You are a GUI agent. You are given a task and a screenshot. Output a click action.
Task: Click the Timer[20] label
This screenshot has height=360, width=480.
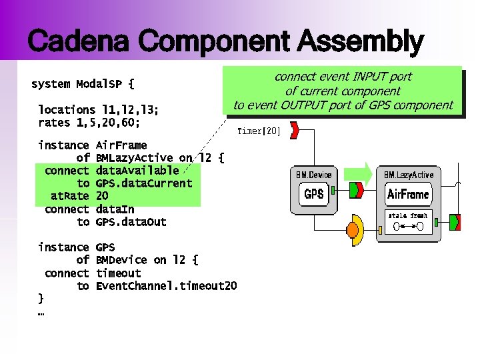click(x=259, y=131)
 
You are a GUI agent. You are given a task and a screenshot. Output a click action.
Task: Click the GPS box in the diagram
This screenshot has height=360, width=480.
click(x=313, y=194)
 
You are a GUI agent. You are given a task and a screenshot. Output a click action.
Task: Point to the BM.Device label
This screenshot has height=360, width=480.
click(x=313, y=175)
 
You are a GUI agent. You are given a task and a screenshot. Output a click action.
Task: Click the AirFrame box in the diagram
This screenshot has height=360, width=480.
click(x=408, y=195)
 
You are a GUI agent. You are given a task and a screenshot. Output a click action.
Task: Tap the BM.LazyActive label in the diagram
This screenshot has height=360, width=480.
click(x=408, y=175)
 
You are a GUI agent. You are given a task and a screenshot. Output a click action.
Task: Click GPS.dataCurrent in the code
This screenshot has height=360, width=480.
click(x=144, y=183)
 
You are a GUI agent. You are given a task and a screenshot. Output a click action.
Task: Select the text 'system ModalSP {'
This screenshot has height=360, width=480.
click(x=83, y=85)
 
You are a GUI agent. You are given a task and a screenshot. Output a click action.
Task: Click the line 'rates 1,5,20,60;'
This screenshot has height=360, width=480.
click(x=89, y=123)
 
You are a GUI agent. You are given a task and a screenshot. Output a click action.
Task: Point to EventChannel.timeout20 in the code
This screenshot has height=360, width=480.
click(x=166, y=286)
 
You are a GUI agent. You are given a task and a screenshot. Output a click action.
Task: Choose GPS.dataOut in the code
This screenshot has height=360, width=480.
click(x=131, y=222)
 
